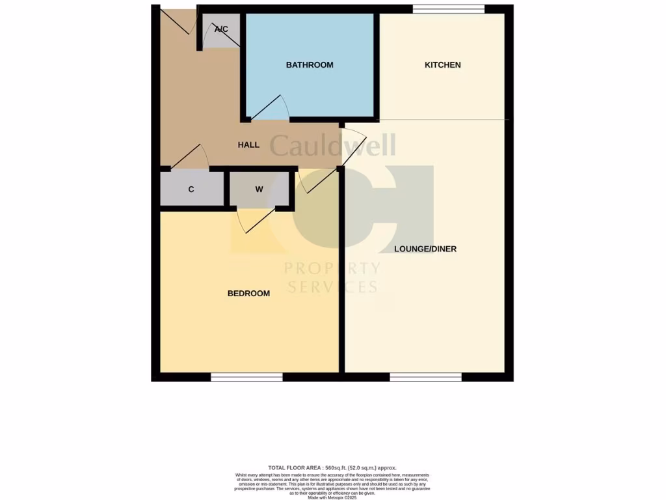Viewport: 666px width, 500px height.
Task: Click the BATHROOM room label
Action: click(x=310, y=65)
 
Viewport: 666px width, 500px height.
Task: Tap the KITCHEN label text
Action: click(x=442, y=65)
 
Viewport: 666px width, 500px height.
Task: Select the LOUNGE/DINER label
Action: click(x=425, y=249)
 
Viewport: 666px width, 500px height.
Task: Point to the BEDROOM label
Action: click(x=248, y=294)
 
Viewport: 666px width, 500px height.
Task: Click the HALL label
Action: click(x=248, y=145)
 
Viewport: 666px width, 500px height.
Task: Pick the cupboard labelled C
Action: click(x=191, y=189)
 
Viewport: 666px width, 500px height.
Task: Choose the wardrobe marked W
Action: click(x=259, y=189)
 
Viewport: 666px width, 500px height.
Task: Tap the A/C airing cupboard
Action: click(x=221, y=31)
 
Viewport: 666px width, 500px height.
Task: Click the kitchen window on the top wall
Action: click(x=449, y=8)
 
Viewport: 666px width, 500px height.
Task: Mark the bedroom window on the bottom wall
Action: click(x=246, y=377)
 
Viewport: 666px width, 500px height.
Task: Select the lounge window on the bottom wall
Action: click(x=425, y=377)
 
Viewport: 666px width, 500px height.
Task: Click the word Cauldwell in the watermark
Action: click(x=332, y=146)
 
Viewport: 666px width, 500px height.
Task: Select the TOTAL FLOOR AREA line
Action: click(x=332, y=468)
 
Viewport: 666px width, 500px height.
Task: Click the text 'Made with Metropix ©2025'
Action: click(x=332, y=498)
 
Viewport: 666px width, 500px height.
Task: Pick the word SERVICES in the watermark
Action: click(x=332, y=287)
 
